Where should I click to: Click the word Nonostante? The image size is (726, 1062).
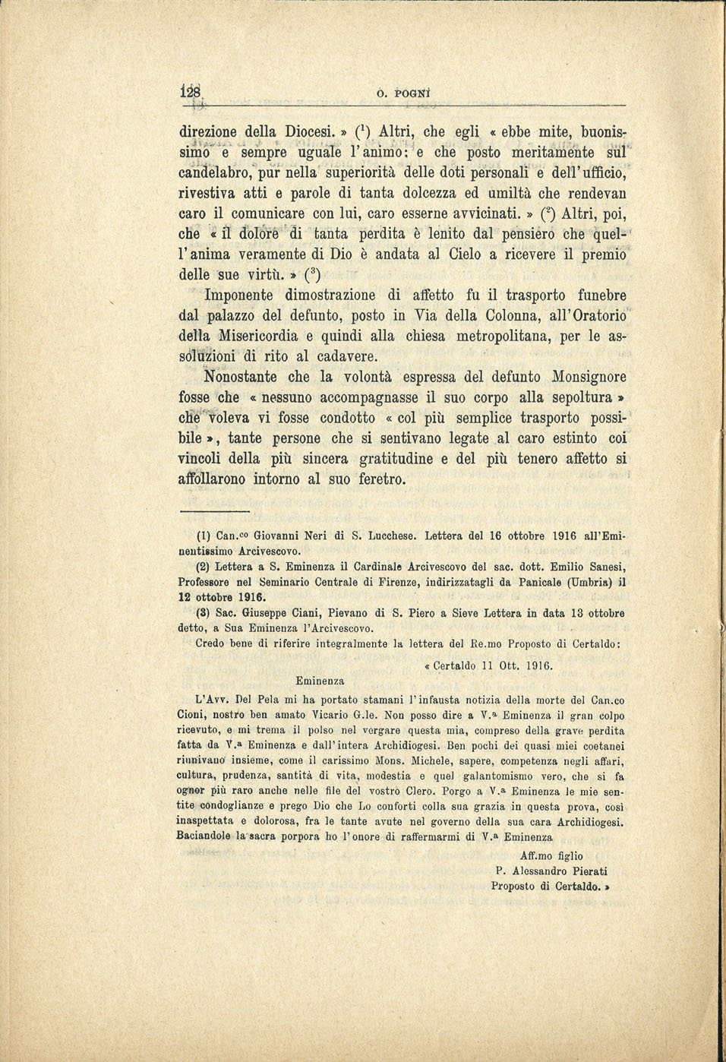click(243, 377)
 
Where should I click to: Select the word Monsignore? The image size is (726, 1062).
click(589, 377)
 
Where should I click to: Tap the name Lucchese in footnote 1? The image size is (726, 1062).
click(393, 536)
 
